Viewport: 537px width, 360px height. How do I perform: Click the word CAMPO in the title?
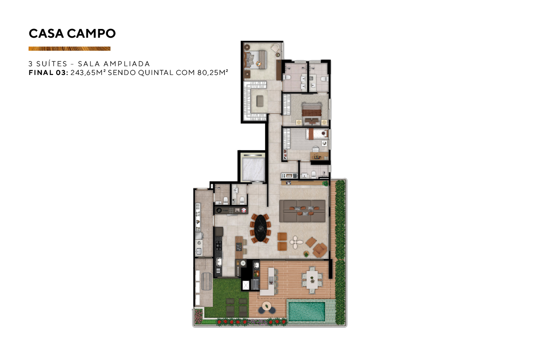91,34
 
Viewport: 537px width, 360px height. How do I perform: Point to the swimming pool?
307,312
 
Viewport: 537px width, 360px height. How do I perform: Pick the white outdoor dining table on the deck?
312,280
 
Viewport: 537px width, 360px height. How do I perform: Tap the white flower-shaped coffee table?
296,242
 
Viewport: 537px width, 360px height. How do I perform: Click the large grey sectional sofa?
303,211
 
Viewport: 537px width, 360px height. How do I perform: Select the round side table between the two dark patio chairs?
266,306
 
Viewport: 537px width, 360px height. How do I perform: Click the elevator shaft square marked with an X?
246,285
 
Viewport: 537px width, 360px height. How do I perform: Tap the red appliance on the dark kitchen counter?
244,210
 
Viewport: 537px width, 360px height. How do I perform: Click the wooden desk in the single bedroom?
319,156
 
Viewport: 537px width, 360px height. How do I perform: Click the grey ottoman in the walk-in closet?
260,101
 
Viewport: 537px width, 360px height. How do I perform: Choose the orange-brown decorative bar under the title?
69,49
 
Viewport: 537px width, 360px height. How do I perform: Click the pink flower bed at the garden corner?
198,316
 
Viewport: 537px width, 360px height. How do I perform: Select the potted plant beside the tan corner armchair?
306,254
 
